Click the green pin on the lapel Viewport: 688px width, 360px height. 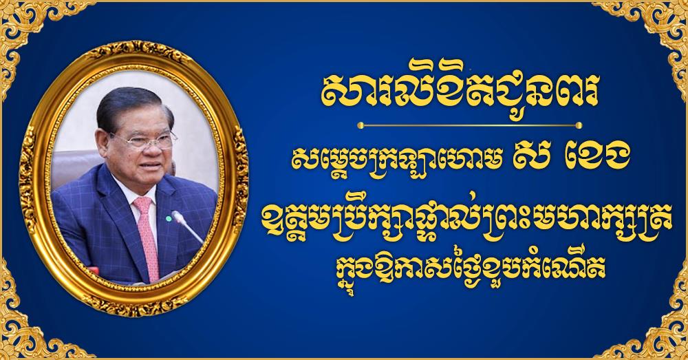169,218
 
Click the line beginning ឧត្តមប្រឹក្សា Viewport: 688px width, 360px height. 469,220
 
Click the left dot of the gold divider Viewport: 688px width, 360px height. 361,125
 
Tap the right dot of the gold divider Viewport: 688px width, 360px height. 579,125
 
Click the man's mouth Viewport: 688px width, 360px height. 151,165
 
